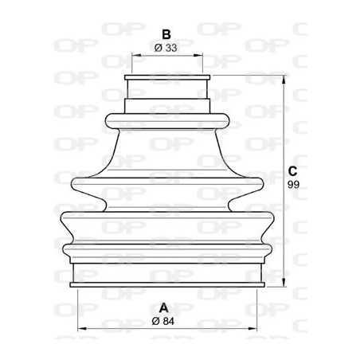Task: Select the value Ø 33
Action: point(166,49)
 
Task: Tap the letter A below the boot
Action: point(165,307)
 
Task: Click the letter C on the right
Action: point(292,170)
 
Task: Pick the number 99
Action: point(292,184)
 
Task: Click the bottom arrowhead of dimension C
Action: point(283,283)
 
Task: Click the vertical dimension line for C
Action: point(283,135)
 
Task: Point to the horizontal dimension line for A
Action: point(119,327)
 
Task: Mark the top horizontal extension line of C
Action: point(247,76)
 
